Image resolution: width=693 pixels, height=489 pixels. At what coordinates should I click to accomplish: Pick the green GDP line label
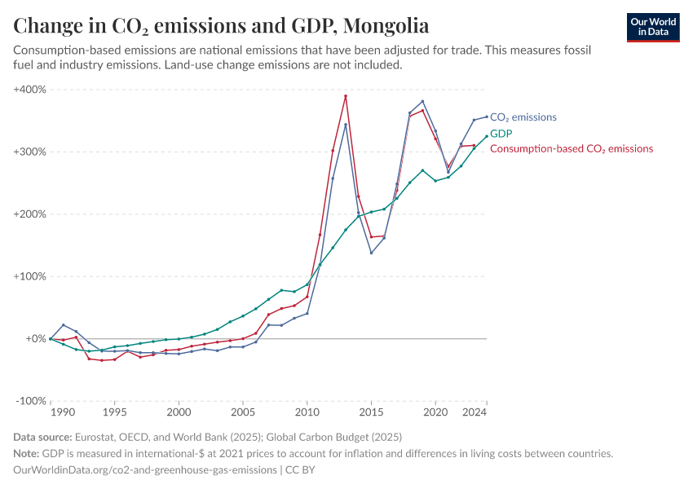click(501, 133)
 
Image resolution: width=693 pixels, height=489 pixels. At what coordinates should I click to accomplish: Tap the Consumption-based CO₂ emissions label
click(571, 149)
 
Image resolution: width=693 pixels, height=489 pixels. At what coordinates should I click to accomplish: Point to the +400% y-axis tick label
click(30, 89)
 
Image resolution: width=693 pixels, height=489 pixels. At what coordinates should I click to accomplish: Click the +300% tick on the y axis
click(30, 152)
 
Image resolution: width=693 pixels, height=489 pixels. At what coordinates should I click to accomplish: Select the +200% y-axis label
click(30, 214)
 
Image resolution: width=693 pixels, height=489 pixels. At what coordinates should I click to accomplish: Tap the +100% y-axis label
click(30, 276)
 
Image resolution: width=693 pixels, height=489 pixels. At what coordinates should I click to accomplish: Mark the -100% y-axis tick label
click(31, 401)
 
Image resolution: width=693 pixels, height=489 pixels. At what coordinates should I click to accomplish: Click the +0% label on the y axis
click(35, 338)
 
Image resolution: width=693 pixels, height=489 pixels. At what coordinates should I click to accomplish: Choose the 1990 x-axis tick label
click(51, 412)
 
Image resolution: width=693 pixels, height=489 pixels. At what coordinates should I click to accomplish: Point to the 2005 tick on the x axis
click(243, 412)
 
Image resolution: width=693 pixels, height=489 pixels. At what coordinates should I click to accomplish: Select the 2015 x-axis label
click(371, 412)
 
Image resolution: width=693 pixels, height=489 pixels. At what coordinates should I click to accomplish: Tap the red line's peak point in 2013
click(346, 96)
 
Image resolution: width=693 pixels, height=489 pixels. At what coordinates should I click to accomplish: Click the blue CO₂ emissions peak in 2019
click(422, 101)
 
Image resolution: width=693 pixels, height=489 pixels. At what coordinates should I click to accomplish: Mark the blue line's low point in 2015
click(371, 253)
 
